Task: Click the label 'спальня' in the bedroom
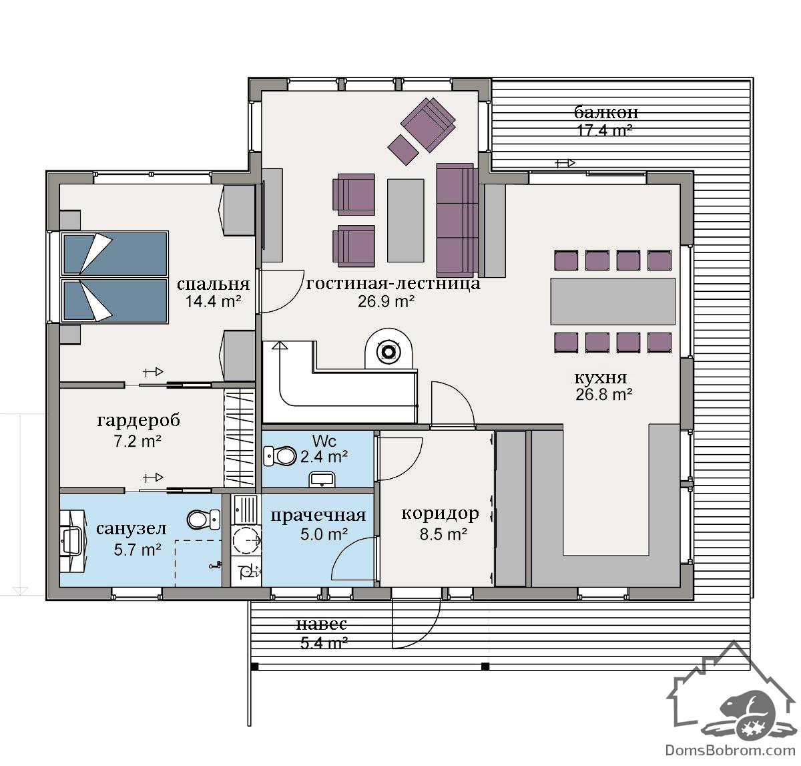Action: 213,284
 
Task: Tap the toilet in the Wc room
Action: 280,456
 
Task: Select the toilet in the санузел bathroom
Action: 204,520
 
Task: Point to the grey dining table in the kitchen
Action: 613,301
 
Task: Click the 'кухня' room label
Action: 601,377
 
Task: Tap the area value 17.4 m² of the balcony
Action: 604,131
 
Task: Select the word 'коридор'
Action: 440,514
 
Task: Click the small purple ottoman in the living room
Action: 403,150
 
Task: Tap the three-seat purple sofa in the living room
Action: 457,220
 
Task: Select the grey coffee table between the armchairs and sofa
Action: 405,220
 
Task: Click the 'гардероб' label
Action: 139,421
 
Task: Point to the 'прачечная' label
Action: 318,516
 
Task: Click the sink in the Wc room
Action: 322,480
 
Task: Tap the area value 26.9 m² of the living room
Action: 386,301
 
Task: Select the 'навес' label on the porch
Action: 322,624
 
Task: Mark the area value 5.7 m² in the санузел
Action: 137,550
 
